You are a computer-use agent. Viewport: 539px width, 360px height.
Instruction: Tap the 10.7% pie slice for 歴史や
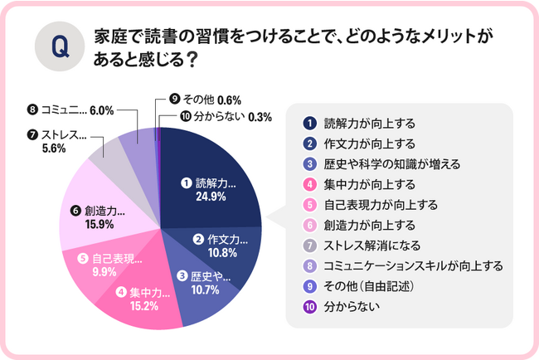pos(199,282)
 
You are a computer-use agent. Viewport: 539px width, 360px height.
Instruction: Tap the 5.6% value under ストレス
pos(53,149)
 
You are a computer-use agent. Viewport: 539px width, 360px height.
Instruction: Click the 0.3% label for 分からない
pos(260,116)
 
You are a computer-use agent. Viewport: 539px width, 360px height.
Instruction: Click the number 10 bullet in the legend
pos(308,307)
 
